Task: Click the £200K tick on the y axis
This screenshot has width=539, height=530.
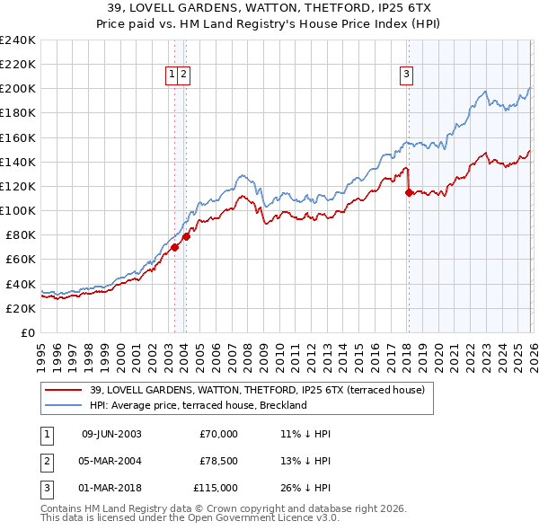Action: [x=18, y=89]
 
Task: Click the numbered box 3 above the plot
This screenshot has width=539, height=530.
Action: [x=406, y=75]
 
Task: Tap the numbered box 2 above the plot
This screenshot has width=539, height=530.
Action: [x=183, y=75]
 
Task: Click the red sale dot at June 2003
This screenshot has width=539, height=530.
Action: [x=174, y=247]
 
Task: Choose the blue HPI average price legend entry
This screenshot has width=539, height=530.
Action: [x=198, y=405]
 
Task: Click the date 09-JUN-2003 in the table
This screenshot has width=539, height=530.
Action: [x=111, y=434]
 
